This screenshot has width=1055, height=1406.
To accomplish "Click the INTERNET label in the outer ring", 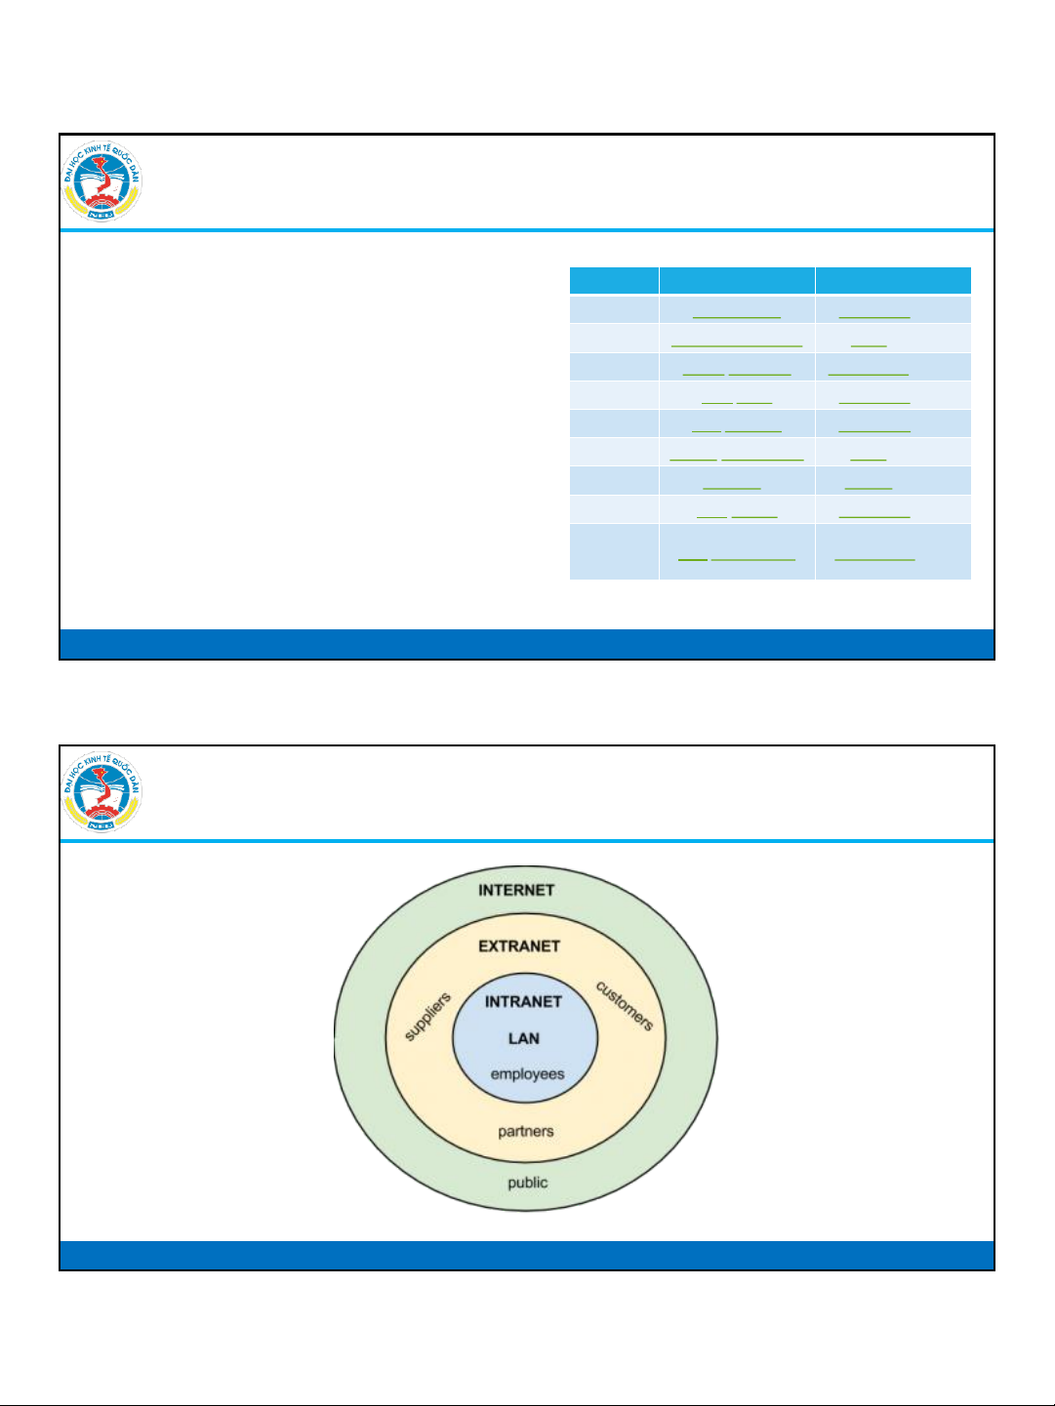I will pyautogui.click(x=516, y=890).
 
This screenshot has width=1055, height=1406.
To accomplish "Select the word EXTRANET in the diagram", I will pyautogui.click(x=519, y=945).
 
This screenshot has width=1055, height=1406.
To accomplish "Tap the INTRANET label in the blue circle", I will pyautogui.click(x=523, y=1001).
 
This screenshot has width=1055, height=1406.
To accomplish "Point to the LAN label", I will pyautogui.click(x=524, y=1038).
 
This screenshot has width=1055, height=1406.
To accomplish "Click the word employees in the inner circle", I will pyautogui.click(x=527, y=1074).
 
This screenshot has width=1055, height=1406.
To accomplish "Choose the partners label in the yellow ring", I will pyautogui.click(x=525, y=1132).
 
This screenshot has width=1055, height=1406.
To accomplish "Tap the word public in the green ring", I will pyautogui.click(x=527, y=1183).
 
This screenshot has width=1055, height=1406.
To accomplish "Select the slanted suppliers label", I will pyautogui.click(x=427, y=1017).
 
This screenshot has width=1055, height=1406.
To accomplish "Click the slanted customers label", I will pyautogui.click(x=625, y=1006).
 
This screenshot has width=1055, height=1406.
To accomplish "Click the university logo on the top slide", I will pyautogui.click(x=102, y=182).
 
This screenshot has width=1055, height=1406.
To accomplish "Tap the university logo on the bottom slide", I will pyautogui.click(x=102, y=793).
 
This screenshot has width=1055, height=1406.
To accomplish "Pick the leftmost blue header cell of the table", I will pyautogui.click(x=614, y=280).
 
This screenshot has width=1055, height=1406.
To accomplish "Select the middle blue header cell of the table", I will pyautogui.click(x=737, y=280).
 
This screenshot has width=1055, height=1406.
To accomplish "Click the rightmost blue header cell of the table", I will pyautogui.click(x=893, y=280).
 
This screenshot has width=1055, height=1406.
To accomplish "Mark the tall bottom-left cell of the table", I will pyautogui.click(x=614, y=551).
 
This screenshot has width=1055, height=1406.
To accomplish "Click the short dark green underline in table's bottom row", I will pyautogui.click(x=692, y=559).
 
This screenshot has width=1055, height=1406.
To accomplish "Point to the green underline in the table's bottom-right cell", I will pyautogui.click(x=875, y=559).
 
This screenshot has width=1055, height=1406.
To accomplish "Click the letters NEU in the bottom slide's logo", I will pyautogui.click(x=101, y=824).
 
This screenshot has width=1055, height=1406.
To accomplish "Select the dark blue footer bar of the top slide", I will pyautogui.click(x=527, y=644).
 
